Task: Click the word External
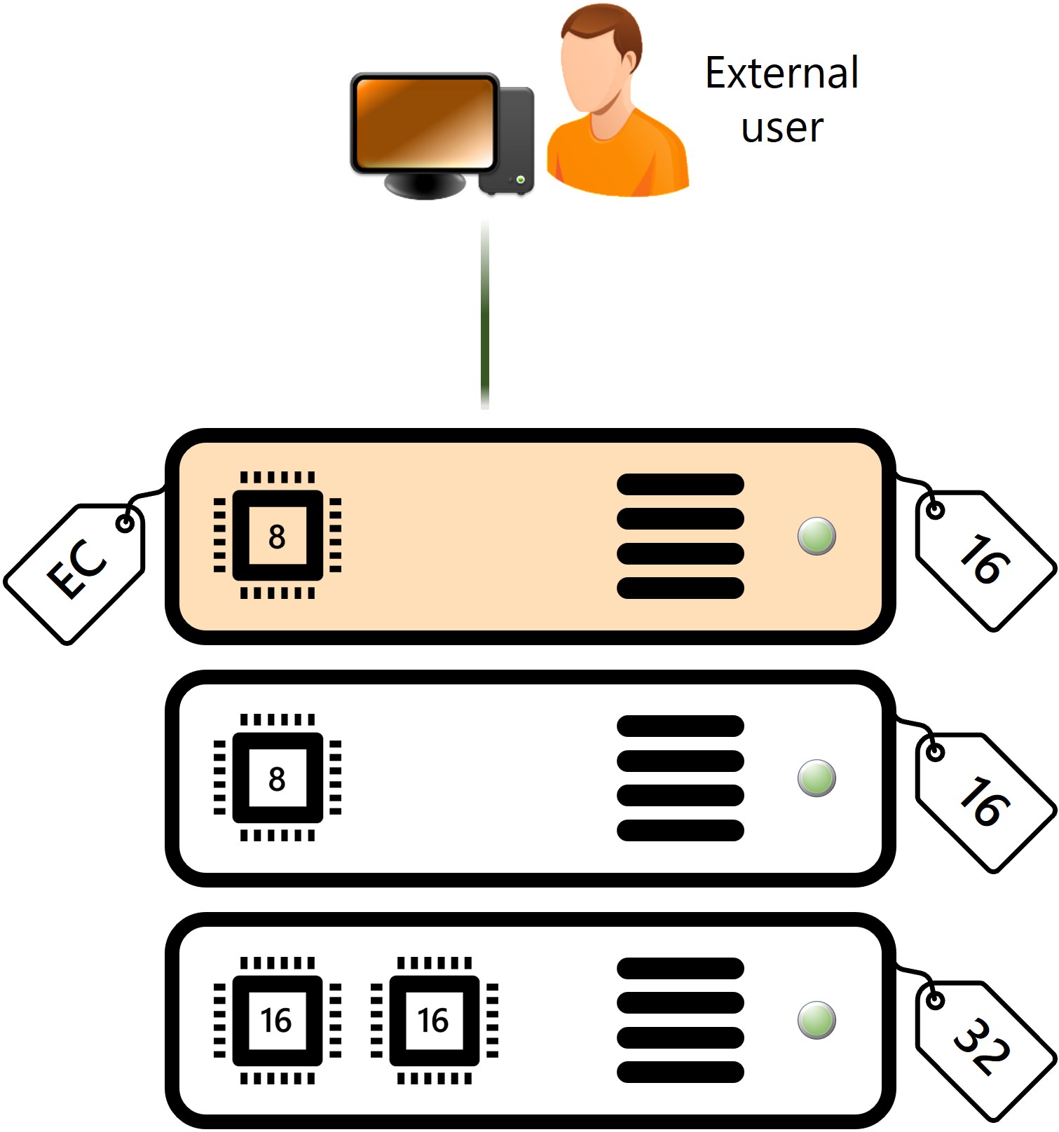tap(781, 73)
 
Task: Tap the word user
tap(782, 128)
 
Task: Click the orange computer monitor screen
tap(424, 122)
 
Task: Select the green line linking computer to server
tap(485, 315)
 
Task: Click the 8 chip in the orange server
tap(278, 536)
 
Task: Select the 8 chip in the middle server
tap(278, 778)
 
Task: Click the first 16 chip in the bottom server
tap(278, 1021)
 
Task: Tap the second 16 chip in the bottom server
tap(435, 1021)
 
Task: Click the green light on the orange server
tap(817, 537)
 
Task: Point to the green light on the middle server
tap(817, 778)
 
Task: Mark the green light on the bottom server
tap(817, 1020)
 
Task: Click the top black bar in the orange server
tap(680, 484)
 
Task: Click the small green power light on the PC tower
tap(520, 180)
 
